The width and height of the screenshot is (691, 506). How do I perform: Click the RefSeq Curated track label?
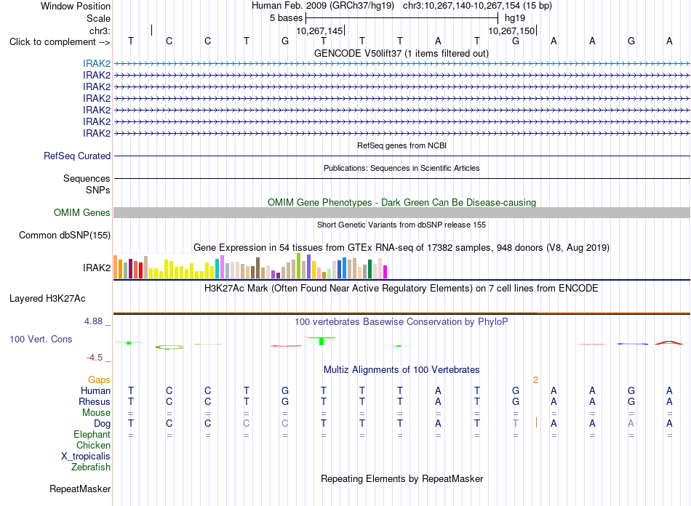tap(77, 156)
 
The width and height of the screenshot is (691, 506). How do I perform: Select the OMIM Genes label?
tap(82, 213)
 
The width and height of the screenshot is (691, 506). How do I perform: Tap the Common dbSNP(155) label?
tap(65, 235)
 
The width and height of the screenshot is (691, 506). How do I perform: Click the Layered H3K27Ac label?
tap(47, 299)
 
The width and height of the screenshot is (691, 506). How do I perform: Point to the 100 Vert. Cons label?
tap(41, 339)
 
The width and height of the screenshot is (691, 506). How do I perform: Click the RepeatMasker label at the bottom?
tap(80, 489)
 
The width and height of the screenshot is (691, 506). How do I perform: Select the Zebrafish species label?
tap(91, 467)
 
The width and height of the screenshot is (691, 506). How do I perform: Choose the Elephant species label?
tap(92, 434)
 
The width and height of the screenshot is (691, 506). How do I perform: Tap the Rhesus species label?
tap(95, 401)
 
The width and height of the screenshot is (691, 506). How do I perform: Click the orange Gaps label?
tap(99, 379)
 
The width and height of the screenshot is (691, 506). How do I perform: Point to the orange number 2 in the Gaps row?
tap(536, 380)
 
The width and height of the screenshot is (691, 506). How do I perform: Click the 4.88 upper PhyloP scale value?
tap(93, 321)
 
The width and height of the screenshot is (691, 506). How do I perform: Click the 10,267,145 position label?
tap(319, 31)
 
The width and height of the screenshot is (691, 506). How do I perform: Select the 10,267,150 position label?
tap(511, 31)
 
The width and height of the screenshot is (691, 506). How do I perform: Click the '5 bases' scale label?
tap(287, 18)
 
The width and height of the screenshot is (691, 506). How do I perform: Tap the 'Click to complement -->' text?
tap(60, 42)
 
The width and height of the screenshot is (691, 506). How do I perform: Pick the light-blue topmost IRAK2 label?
tap(97, 64)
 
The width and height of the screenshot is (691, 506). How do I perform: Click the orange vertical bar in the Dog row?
tap(536, 423)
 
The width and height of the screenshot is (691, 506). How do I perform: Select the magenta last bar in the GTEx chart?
tap(386, 272)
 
